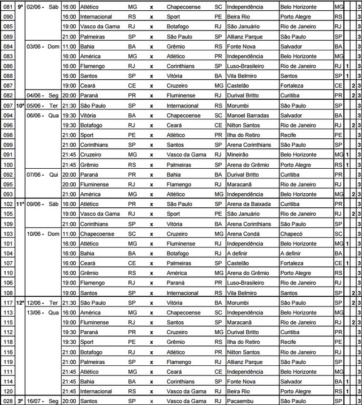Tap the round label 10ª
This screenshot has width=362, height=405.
coord(20,105)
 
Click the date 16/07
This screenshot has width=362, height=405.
coord(35,400)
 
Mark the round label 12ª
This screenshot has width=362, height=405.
coord(20,302)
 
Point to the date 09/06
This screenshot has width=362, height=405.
coord(35,203)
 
